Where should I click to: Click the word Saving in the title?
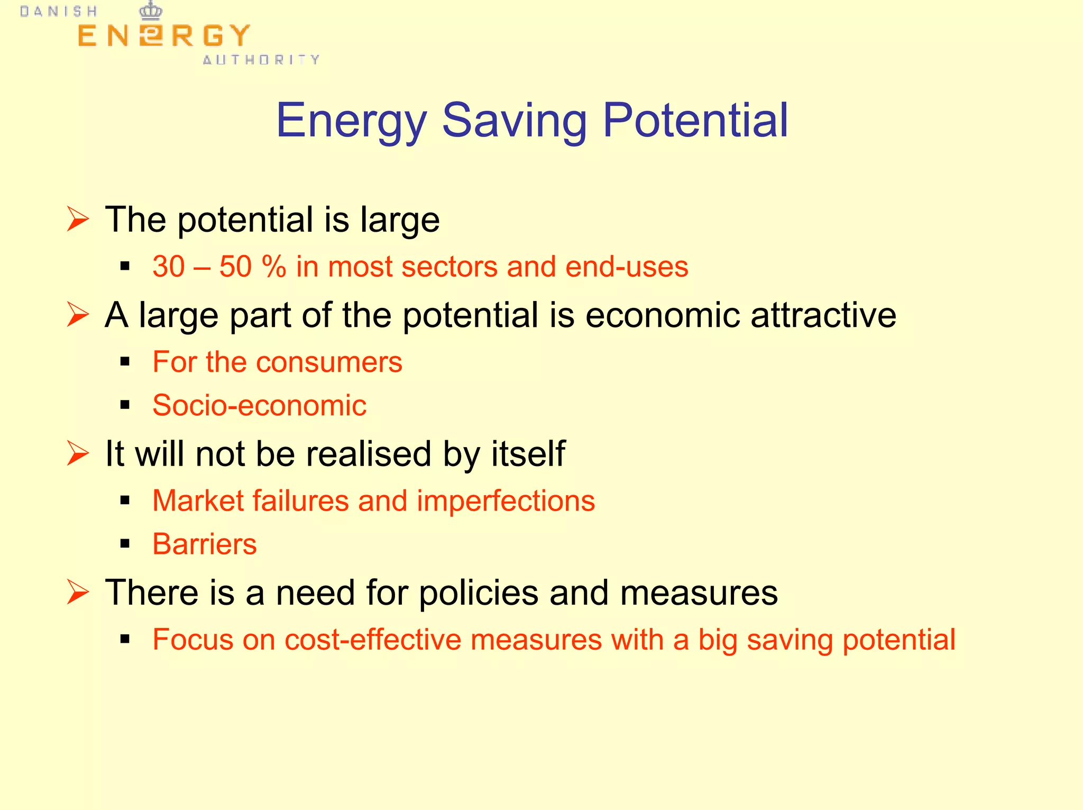click(514, 122)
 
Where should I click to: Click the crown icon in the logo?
click(151, 11)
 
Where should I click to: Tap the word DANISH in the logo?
click(59, 12)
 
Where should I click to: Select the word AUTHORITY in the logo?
click(261, 60)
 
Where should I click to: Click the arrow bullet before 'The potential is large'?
click(78, 219)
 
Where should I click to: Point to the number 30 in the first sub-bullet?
click(169, 266)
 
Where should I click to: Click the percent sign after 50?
click(273, 266)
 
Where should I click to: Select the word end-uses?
click(627, 266)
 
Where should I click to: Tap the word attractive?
click(823, 315)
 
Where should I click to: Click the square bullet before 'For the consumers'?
click(125, 362)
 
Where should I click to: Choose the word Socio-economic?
click(259, 405)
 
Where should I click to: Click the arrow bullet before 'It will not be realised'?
click(78, 453)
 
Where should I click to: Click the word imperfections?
click(506, 500)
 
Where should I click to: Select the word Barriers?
click(205, 544)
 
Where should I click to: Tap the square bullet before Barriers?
click(125, 543)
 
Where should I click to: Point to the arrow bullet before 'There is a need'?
click(78, 592)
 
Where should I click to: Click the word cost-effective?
click(373, 640)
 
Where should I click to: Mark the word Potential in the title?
click(695, 121)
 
